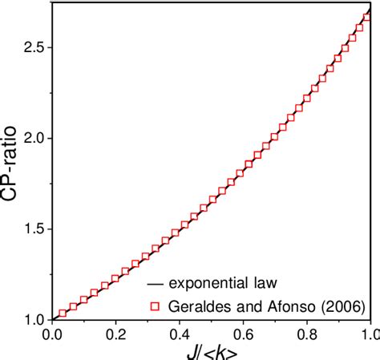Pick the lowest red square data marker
[x=63, y=313]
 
